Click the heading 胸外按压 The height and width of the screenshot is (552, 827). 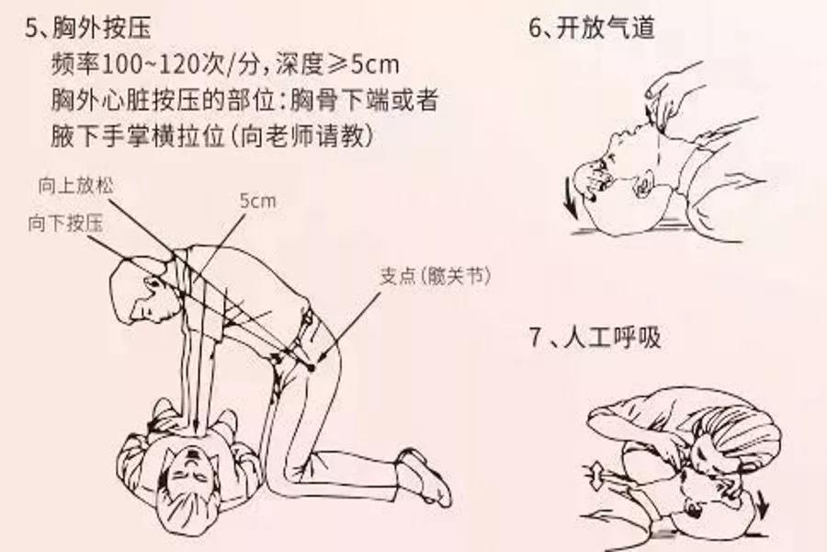(x=102, y=28)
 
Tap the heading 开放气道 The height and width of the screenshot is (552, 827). (x=606, y=27)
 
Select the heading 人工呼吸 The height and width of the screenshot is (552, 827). (x=612, y=337)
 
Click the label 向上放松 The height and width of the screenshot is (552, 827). (x=75, y=186)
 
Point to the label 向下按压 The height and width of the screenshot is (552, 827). (x=66, y=224)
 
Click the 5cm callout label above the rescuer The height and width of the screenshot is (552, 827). (x=257, y=201)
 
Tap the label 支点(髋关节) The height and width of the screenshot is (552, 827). (x=436, y=275)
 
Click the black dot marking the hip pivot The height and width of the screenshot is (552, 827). (x=312, y=367)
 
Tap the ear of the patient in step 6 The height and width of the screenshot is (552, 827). (x=643, y=184)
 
